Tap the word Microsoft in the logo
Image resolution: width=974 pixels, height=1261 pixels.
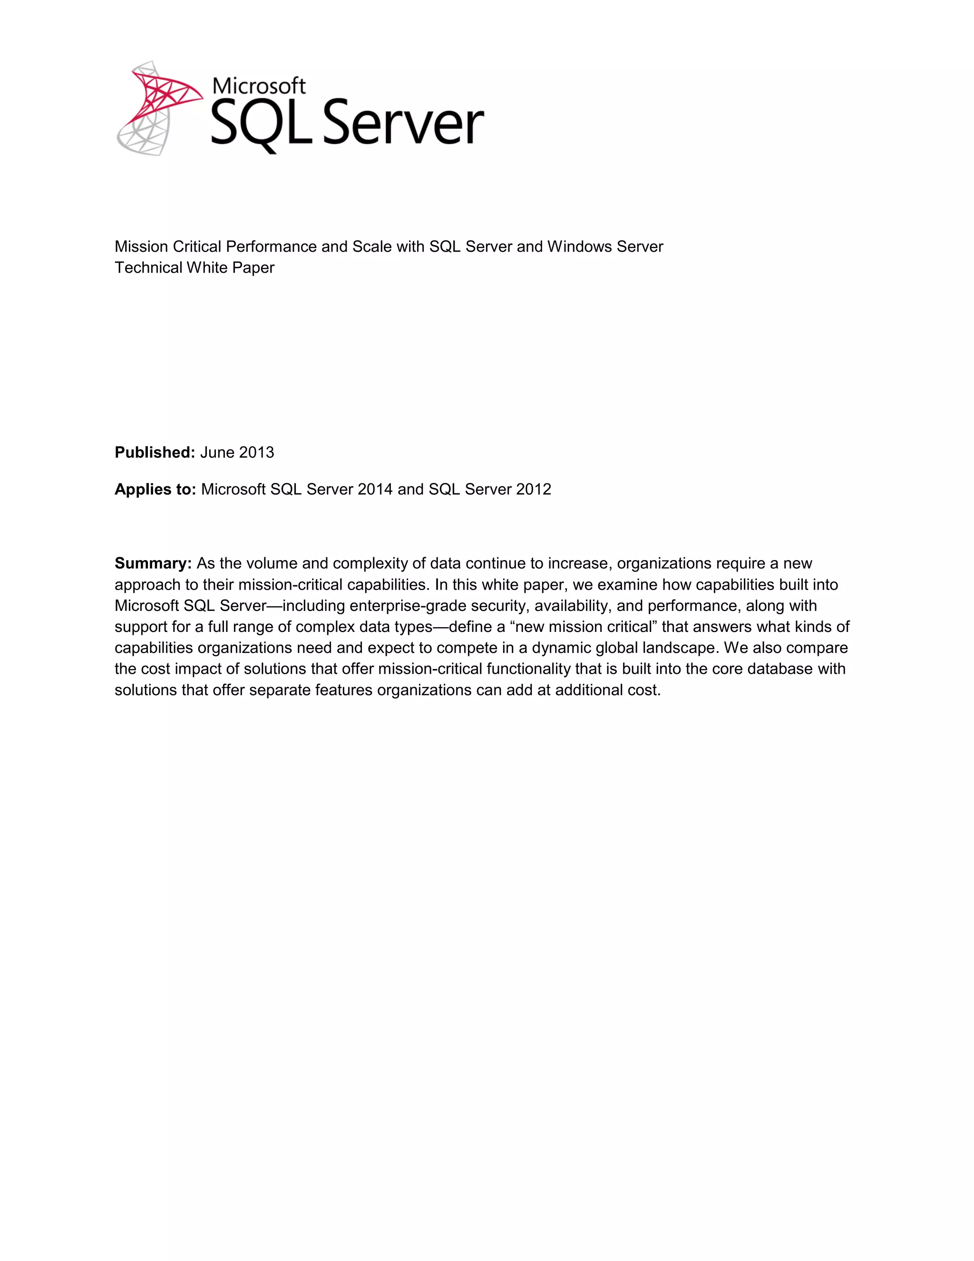259,86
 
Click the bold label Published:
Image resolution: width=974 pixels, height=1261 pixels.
155,453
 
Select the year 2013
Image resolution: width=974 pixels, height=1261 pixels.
256,453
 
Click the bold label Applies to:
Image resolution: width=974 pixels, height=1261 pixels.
155,490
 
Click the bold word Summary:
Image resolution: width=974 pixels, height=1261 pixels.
153,563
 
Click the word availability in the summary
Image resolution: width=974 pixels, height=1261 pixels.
572,606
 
